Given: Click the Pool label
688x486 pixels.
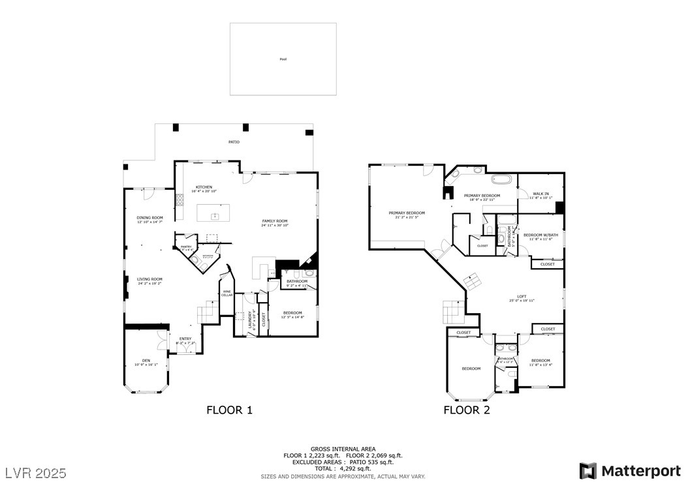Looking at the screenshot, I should [x=283, y=59].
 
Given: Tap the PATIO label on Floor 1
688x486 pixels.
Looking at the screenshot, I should [x=234, y=142].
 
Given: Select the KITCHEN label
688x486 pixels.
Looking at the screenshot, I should [x=204, y=187].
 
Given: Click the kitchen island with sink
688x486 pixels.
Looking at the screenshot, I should [x=214, y=213].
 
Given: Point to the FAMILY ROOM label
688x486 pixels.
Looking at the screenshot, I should [x=275, y=221].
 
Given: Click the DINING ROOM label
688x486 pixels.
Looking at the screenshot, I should [x=150, y=218].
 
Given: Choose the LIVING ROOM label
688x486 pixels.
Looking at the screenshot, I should [x=149, y=280].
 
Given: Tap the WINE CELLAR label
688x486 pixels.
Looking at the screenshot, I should [x=227, y=294].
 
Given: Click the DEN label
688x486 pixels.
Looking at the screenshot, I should [x=146, y=361].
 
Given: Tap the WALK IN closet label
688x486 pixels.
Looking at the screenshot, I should [x=541, y=194].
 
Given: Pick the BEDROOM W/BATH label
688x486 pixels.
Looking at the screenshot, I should [x=541, y=235].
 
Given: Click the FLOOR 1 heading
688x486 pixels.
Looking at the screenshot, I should [x=229, y=410].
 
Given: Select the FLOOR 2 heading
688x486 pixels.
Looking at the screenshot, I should [x=467, y=410].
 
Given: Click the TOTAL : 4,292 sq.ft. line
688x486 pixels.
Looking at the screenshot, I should [x=343, y=468].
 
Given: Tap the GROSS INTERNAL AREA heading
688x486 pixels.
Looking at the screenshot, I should [x=343, y=449].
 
